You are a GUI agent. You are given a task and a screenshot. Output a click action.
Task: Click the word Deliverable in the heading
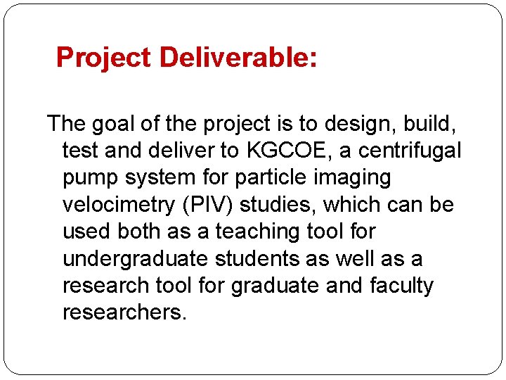tap(238, 58)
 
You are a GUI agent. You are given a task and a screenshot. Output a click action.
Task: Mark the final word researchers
tap(124, 312)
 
